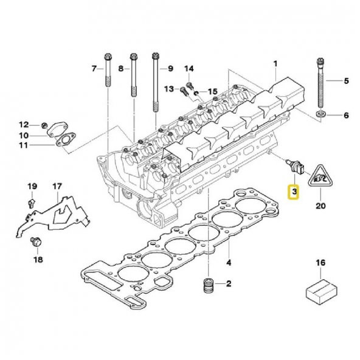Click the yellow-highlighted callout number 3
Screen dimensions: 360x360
(x=294, y=192)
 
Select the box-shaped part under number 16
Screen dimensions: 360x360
(x=322, y=291)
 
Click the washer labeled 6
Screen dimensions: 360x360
(x=321, y=114)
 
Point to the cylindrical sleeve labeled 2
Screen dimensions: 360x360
(x=209, y=285)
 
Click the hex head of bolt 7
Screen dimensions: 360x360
(x=108, y=57)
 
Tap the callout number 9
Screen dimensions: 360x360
(x=170, y=69)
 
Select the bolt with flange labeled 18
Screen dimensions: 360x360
(x=36, y=242)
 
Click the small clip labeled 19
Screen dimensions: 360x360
(x=32, y=203)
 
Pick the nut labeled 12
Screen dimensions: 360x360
(x=44, y=125)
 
